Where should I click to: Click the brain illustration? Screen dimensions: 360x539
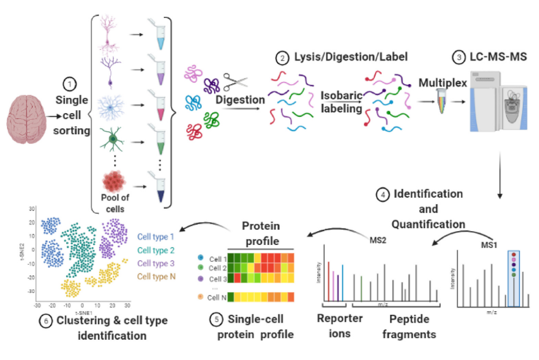click(x=26, y=116)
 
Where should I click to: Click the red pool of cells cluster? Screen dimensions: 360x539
click(x=114, y=181)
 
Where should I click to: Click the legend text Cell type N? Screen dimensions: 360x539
click(x=156, y=277)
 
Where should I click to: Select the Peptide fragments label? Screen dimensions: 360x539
click(x=409, y=326)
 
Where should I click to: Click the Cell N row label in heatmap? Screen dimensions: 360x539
click(x=217, y=297)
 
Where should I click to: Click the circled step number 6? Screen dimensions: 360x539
click(x=45, y=321)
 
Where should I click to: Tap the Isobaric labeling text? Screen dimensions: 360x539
click(x=341, y=102)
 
